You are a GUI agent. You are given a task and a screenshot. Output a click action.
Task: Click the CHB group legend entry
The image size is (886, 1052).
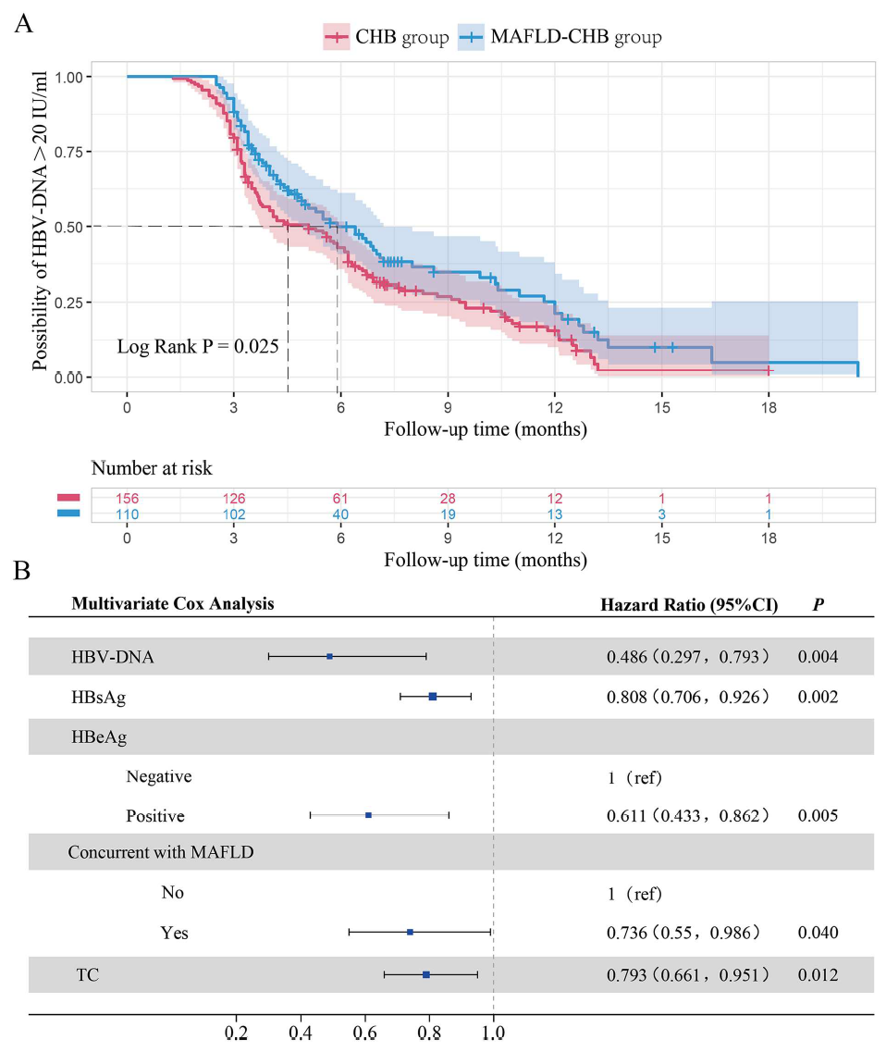[388, 38]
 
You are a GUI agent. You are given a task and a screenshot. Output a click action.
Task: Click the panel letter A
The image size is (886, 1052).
[23, 22]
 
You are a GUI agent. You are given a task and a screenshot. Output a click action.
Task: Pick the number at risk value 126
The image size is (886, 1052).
[233, 499]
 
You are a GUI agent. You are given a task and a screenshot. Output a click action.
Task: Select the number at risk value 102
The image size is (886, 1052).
[233, 514]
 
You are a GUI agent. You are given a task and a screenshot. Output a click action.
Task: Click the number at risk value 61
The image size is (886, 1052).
[340, 499]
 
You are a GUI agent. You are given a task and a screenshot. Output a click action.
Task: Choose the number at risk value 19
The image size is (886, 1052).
[448, 514]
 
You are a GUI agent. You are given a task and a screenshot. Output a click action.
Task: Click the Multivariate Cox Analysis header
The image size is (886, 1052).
[173, 604]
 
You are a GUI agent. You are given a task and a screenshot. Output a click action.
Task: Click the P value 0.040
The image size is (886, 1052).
[818, 933]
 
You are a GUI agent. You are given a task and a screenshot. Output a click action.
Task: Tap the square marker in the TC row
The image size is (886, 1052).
[426, 974]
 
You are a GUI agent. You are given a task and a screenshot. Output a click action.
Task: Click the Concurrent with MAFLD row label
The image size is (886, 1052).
[161, 852]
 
